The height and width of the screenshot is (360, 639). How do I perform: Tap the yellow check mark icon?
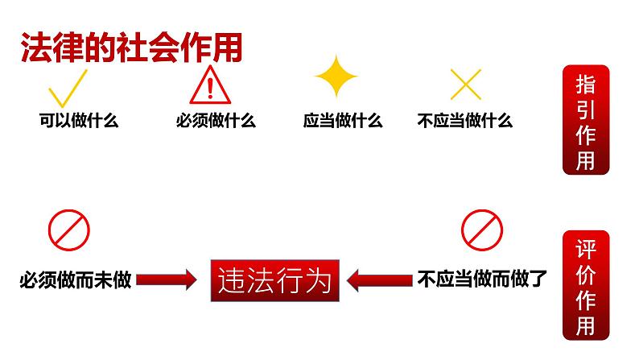(x=68, y=88)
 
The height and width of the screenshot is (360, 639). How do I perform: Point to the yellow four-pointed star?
(x=336, y=78)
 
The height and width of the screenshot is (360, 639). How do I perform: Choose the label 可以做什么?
(x=79, y=122)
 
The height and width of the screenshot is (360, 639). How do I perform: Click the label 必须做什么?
(x=215, y=122)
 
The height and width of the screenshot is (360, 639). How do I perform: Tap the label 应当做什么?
(x=343, y=122)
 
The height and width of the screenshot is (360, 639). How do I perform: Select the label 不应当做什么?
(x=465, y=122)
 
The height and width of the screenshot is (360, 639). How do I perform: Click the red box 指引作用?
(x=585, y=120)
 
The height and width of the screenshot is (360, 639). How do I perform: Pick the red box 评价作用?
(x=585, y=286)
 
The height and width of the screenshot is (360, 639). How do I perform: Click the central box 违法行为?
(x=274, y=280)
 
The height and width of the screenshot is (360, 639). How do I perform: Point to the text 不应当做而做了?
(x=482, y=280)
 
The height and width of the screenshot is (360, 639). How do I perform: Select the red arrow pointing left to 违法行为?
(x=380, y=280)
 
